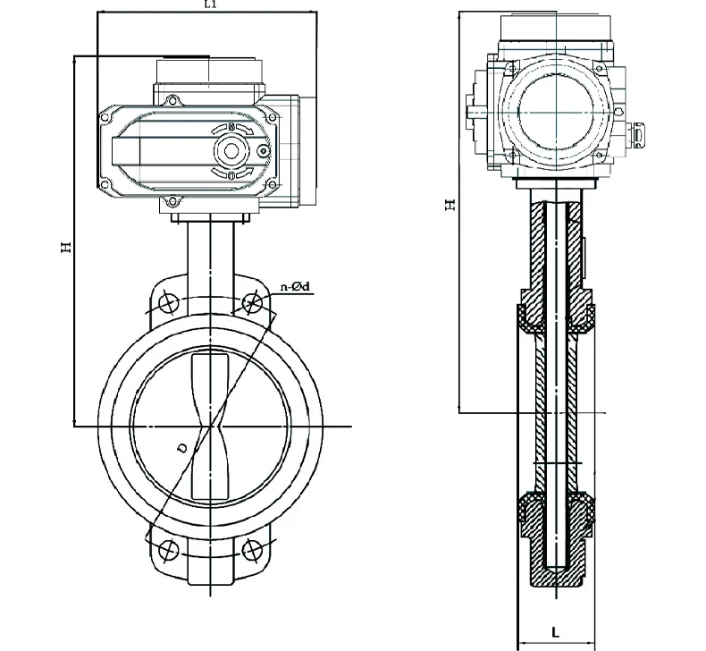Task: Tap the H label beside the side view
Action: coord(451,204)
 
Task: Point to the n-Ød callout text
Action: coord(295,286)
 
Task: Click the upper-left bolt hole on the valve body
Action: coord(166,303)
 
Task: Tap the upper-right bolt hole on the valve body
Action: coord(254,302)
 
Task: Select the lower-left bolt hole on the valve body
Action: coord(166,547)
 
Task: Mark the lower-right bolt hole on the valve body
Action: coord(254,547)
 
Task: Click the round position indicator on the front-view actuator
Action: coord(232,151)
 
